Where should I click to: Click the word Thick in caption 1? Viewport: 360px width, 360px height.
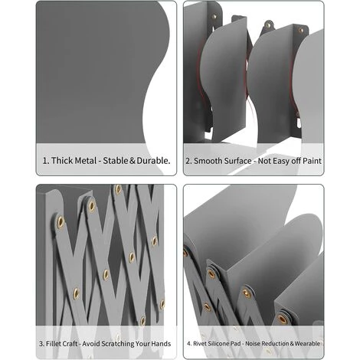pos(61,161)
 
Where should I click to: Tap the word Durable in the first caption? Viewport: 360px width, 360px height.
pos(153,161)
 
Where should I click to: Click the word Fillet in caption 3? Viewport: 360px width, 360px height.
pos(52,344)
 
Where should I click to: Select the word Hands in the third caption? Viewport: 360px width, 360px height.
pos(161,344)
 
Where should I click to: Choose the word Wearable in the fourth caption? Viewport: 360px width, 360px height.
pos(307,344)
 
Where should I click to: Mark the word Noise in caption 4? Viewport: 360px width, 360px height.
pos(252,344)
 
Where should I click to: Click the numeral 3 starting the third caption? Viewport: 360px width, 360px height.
pos(41,344)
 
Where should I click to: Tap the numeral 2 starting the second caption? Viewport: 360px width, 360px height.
pos(188,161)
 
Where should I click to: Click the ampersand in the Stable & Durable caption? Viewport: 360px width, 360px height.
pos(133,161)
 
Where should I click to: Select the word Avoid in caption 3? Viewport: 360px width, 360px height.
pos(91,344)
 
